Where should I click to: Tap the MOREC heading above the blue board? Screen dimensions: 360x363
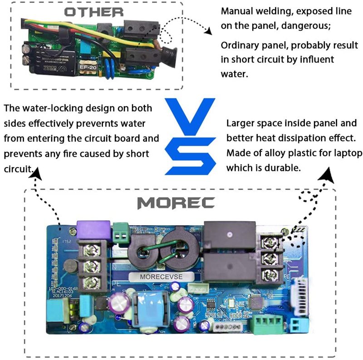[x=176, y=202]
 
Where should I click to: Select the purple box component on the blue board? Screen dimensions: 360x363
[x=93, y=229]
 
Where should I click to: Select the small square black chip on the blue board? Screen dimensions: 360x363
[x=255, y=301]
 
